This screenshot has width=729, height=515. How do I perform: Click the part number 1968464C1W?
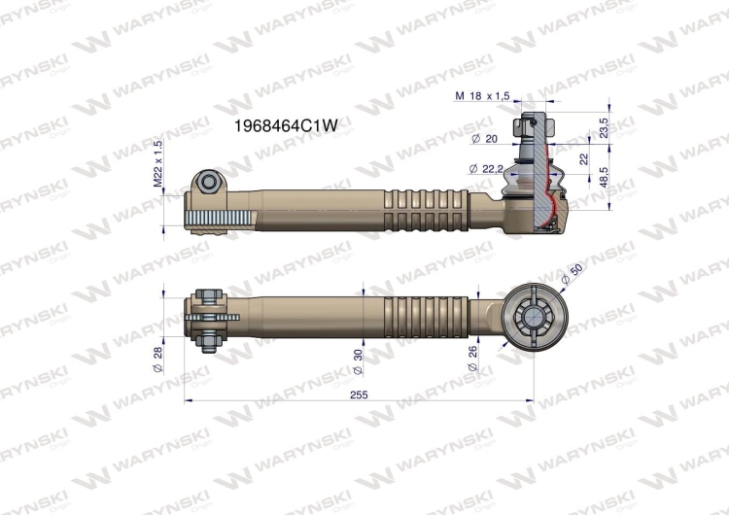[x=285, y=125]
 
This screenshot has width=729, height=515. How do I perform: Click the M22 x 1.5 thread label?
[x=158, y=163]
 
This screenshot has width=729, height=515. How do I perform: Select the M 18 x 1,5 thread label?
[x=482, y=96]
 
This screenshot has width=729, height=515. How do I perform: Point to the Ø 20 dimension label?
[x=484, y=139]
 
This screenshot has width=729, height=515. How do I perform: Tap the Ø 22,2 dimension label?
[x=486, y=169]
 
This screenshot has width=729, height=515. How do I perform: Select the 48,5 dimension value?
[x=604, y=177]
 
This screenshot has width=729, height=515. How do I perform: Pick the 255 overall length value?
[x=359, y=395]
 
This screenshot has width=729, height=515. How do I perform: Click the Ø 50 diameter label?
[x=572, y=275]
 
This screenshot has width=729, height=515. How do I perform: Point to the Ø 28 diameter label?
[x=157, y=360]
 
